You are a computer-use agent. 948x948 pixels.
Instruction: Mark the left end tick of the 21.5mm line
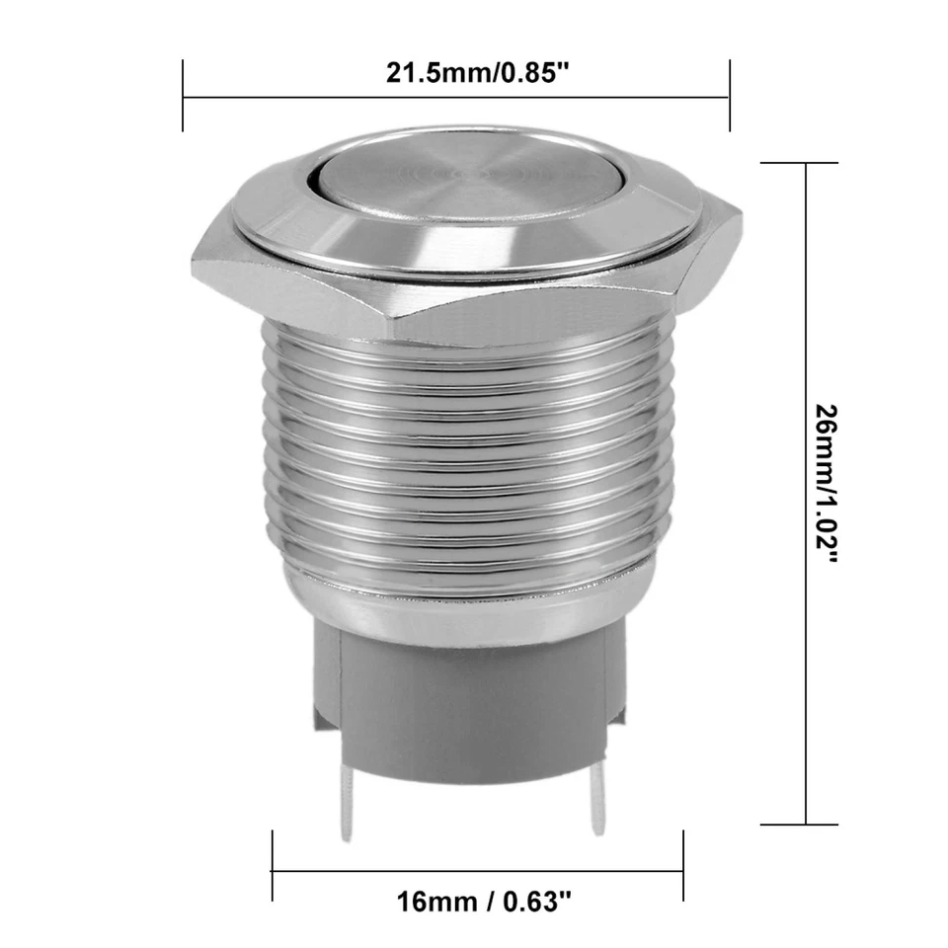point(184,96)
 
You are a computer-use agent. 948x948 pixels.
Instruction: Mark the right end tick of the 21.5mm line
point(730,96)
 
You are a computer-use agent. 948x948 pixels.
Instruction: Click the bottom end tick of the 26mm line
point(807,825)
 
